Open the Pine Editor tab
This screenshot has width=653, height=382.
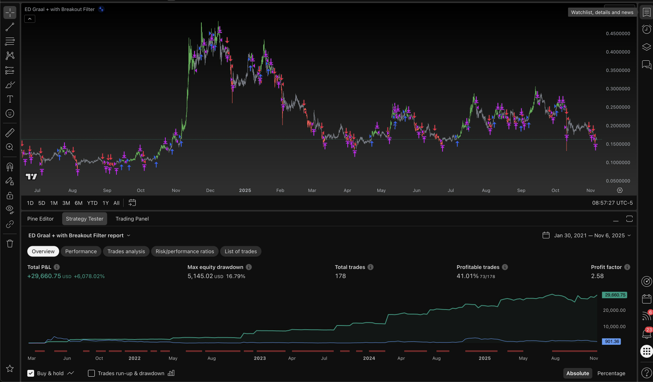click(x=41, y=219)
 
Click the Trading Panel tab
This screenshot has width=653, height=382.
click(x=132, y=219)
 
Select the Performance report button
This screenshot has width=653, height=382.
click(x=81, y=252)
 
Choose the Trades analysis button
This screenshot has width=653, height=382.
click(x=126, y=252)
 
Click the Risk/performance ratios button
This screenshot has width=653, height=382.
click(x=185, y=252)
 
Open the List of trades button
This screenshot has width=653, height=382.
click(x=241, y=252)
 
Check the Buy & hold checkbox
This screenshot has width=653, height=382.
click(x=31, y=373)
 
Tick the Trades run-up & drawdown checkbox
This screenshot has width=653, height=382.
click(x=91, y=373)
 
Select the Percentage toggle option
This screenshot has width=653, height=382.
click(x=611, y=373)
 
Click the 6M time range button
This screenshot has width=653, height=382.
click(x=78, y=203)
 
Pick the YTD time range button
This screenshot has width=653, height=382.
click(x=92, y=203)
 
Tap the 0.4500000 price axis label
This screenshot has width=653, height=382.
click(x=618, y=34)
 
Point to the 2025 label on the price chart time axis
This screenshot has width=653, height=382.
click(x=245, y=190)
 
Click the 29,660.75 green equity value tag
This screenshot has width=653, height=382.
click(x=615, y=295)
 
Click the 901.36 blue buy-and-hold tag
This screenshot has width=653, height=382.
click(x=612, y=341)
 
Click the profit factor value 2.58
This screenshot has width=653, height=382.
click(x=597, y=276)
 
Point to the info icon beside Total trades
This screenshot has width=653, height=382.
click(x=370, y=267)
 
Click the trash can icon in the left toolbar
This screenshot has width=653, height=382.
click(x=10, y=244)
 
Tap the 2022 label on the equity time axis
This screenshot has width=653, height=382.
click(x=135, y=358)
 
